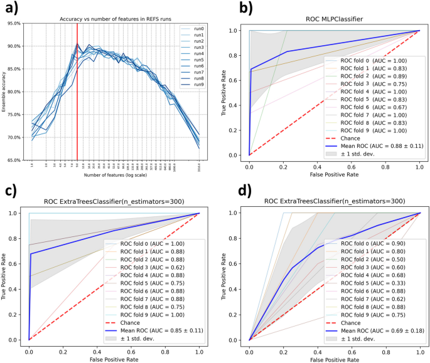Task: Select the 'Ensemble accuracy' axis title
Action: point(5,92)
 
